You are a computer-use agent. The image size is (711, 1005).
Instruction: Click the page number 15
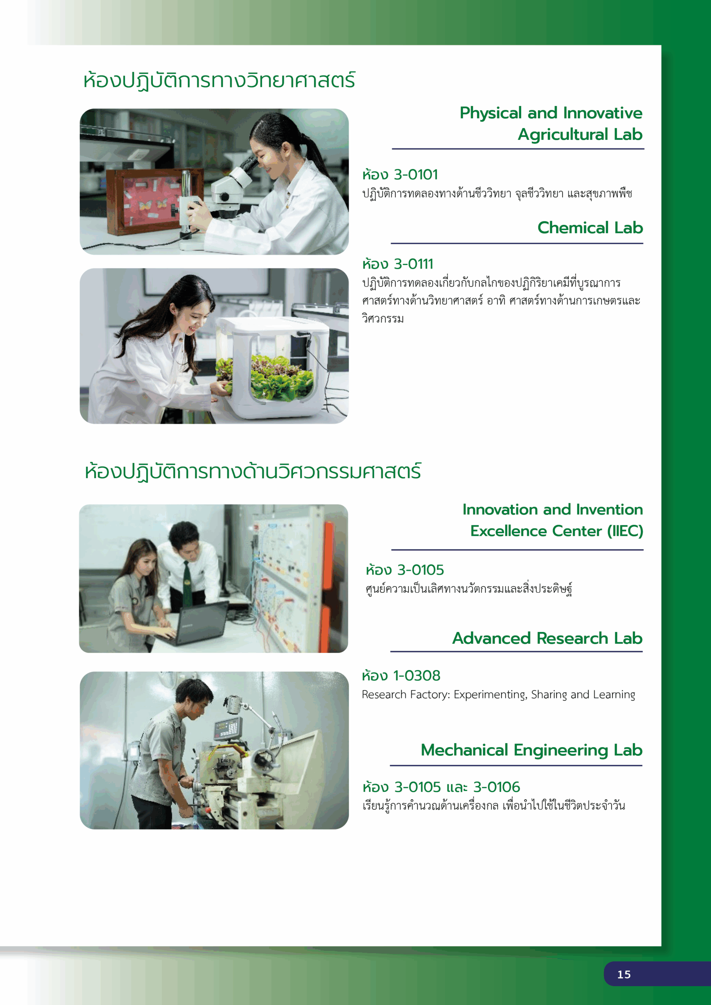pos(624,974)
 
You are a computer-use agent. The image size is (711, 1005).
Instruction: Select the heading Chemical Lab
pos(590,228)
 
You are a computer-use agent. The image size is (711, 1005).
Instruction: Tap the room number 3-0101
pos(416,175)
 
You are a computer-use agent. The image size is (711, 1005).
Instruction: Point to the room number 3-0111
pos(414,264)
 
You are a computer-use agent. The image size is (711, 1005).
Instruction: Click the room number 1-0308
pos(417,675)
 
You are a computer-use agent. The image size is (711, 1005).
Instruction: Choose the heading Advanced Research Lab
pos(547,638)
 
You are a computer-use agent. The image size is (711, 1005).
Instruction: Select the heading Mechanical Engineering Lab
pos(531,750)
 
